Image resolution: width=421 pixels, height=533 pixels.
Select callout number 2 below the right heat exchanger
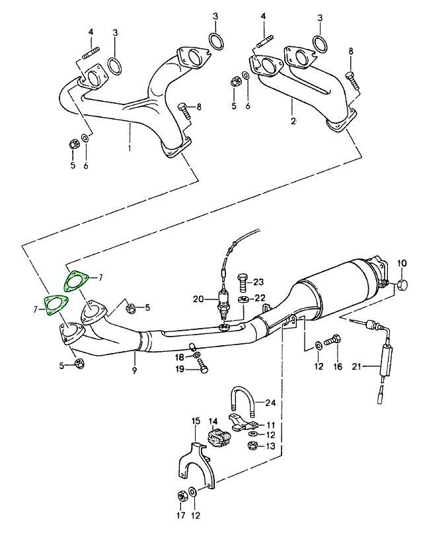293,121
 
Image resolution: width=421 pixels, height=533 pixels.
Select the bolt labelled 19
202,370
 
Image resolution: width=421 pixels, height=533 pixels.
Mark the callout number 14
213,420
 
